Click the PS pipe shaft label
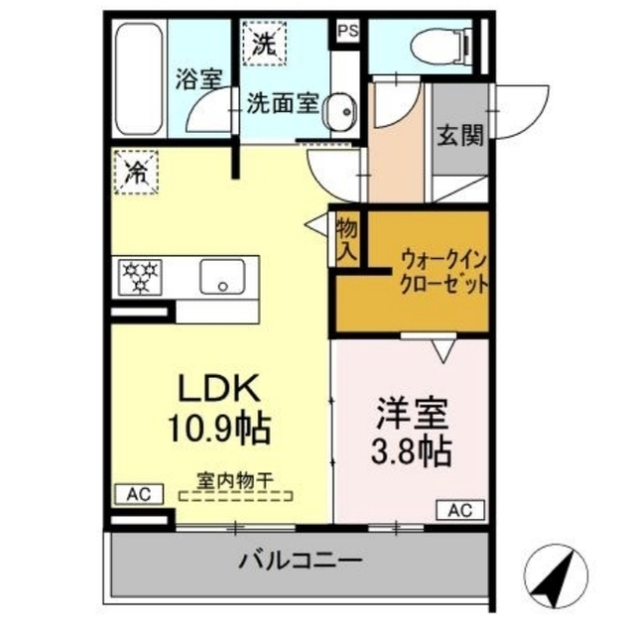click(348, 31)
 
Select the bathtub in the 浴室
click(138, 78)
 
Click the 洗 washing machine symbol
click(265, 44)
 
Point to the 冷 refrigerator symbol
click(136, 173)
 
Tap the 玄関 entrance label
click(460, 135)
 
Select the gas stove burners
click(140, 278)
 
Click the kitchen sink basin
click(222, 277)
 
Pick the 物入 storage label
click(347, 241)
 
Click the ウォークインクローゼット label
click(444, 272)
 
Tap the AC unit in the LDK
click(139, 494)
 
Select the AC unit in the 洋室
click(460, 510)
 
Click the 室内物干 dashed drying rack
click(236, 496)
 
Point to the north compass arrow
click(556, 577)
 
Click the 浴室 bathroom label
click(198, 79)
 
